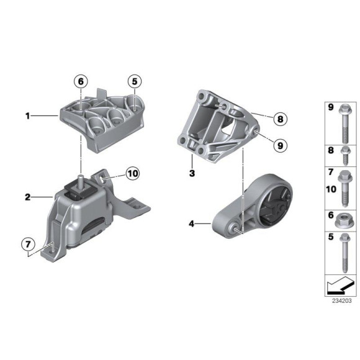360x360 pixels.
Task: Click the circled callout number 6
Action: tap(81, 81)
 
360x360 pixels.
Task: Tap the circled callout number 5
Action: tap(135, 81)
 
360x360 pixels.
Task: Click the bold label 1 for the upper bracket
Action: tap(28, 115)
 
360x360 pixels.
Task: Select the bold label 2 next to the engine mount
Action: tap(28, 197)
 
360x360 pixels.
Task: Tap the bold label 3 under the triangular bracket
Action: tap(192, 174)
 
